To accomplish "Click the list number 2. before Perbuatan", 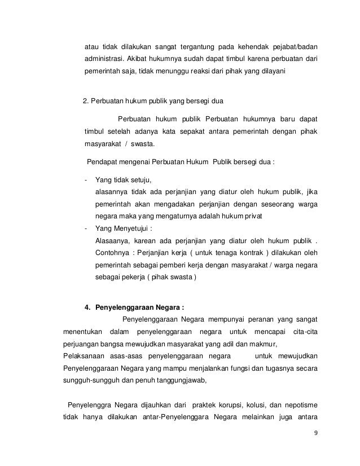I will (x=86, y=102).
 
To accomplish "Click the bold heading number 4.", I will (x=86, y=307).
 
